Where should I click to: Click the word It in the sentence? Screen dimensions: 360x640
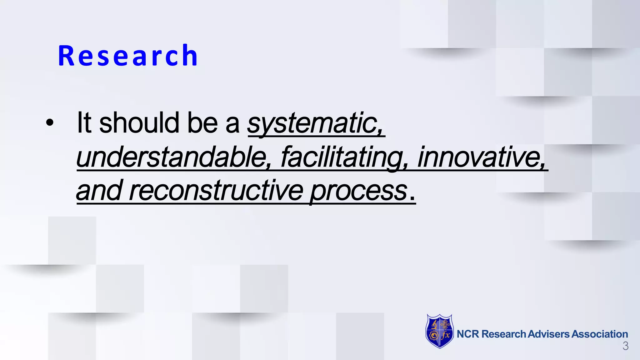pos(84,122)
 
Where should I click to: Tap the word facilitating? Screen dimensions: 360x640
pos(343,157)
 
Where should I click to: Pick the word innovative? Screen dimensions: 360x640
pos(481,157)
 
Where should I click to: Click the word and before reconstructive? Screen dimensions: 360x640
pos(99,191)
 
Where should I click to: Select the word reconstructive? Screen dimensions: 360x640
pos(216,191)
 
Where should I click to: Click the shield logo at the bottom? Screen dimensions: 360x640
pos(439,331)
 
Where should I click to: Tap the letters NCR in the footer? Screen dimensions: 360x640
pos(467,334)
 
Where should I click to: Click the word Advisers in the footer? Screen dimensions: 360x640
pos(548,334)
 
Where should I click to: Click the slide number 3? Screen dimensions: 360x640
pos(625,346)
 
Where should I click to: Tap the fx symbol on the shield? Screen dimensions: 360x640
pos(446,336)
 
